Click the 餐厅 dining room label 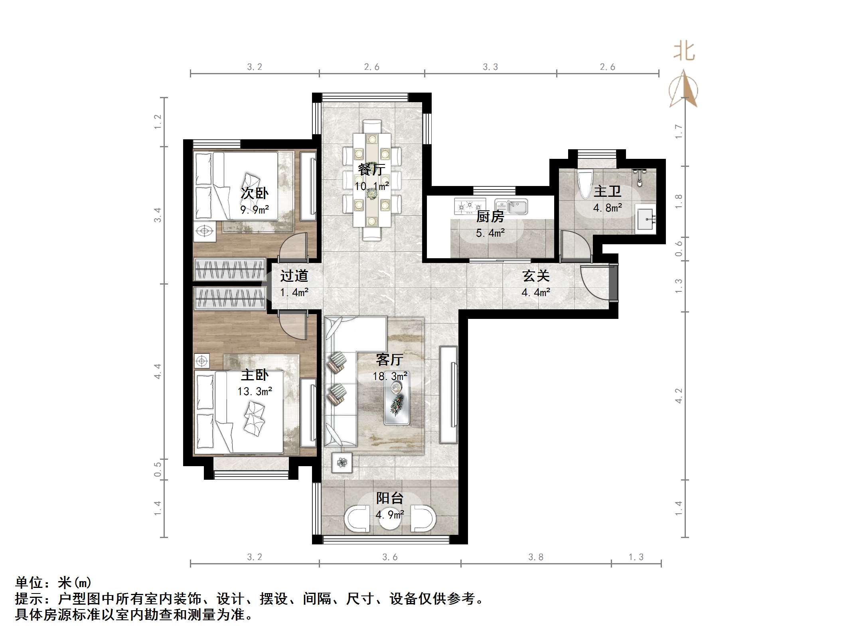tap(371, 169)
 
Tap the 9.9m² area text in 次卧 tap(255, 210)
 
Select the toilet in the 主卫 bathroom tap(584, 184)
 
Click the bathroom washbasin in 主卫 tap(645, 219)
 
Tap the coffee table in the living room tap(397, 400)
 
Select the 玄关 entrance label tap(536, 276)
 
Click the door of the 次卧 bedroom tap(293, 246)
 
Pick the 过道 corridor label tap(294, 276)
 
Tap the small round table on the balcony tap(389, 518)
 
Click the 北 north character tap(684, 52)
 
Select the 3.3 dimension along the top tap(490, 67)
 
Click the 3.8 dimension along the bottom tap(535, 557)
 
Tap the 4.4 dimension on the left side tap(158, 371)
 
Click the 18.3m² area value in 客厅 tap(390, 376)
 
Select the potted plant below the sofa tap(342, 463)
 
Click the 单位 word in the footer tap(29, 583)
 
